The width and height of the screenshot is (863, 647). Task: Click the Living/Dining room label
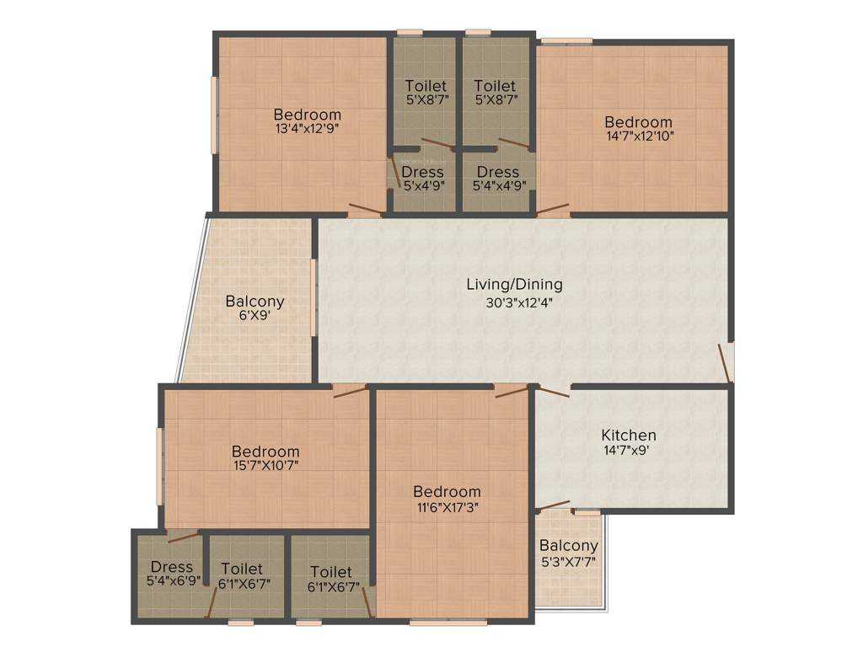(x=514, y=285)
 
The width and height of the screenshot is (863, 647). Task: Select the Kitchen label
(x=628, y=435)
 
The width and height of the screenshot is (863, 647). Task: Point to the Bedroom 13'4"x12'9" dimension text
(x=307, y=130)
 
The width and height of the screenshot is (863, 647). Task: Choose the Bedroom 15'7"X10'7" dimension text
(x=265, y=464)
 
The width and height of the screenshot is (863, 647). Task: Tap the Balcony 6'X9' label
(x=255, y=301)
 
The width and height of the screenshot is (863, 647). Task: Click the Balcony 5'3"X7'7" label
(x=569, y=546)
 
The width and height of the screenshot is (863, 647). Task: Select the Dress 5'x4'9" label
(x=422, y=172)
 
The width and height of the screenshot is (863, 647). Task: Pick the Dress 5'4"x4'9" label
(x=497, y=172)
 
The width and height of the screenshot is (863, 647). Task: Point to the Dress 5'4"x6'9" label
(x=171, y=567)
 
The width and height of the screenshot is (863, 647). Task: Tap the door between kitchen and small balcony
(x=554, y=505)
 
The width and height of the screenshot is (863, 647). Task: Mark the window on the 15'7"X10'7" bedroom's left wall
(x=159, y=467)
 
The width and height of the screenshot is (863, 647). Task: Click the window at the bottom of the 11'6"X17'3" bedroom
(x=448, y=623)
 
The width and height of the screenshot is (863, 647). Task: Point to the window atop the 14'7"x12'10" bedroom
(x=566, y=40)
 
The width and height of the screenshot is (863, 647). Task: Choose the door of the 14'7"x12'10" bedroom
(x=553, y=208)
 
